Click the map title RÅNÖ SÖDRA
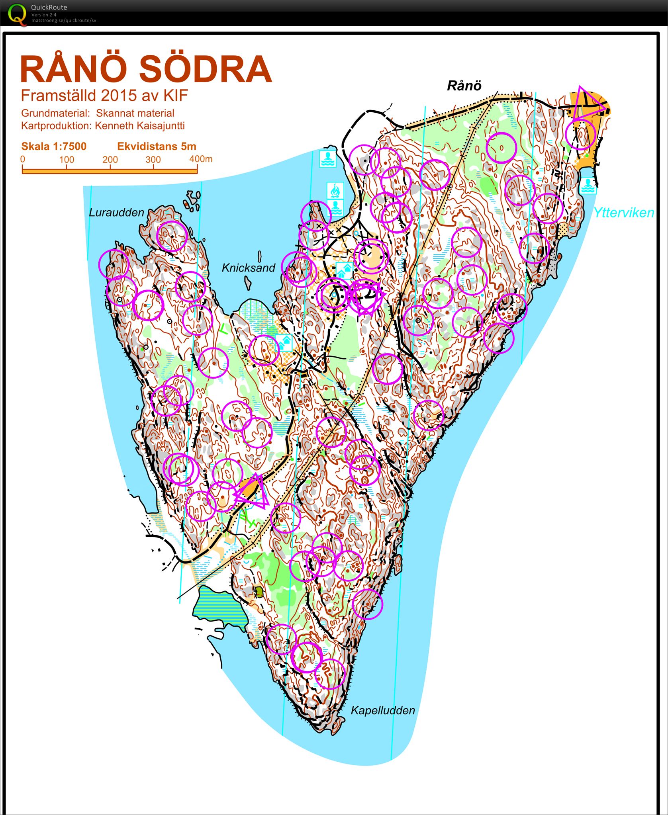pyautogui.click(x=146, y=69)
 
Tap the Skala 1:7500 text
pyautogui.click(x=54, y=147)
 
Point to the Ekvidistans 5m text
pyautogui.click(x=157, y=147)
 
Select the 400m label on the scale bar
pyautogui.click(x=201, y=159)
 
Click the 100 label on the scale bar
pyautogui.click(x=67, y=160)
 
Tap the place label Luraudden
pyautogui.click(x=116, y=212)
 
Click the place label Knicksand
pyautogui.click(x=249, y=268)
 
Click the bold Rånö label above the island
pyautogui.click(x=464, y=86)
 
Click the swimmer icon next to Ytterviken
pyautogui.click(x=588, y=186)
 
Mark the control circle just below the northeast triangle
pyautogui.click(x=580, y=134)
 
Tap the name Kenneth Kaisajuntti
pyautogui.click(x=139, y=126)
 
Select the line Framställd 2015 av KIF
pyautogui.click(x=104, y=96)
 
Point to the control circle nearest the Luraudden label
pyautogui.click(x=172, y=236)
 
